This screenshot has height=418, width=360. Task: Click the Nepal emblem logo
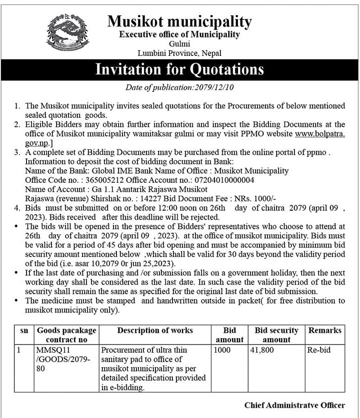tap(67, 32)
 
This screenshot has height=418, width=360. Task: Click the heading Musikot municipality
tap(179, 21)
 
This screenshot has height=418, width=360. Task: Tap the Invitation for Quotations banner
tap(179, 69)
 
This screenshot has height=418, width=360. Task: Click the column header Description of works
tap(154, 331)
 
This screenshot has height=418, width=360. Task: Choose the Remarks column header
tap(324, 331)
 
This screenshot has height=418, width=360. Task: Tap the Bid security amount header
tap(276, 335)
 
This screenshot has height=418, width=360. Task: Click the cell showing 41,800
tap(263, 350)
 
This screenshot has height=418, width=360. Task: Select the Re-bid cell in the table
tap(318, 350)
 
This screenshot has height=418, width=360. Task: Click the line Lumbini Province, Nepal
tap(179, 53)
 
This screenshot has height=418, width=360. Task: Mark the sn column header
tap(24, 331)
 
